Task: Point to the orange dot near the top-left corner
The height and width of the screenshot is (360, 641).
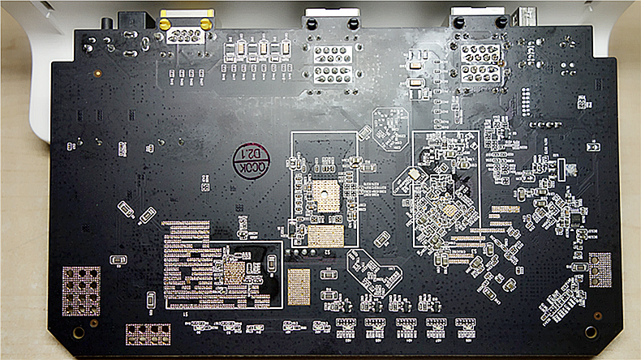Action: click(97, 73)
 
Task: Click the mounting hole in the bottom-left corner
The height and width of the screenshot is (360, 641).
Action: click(78, 332)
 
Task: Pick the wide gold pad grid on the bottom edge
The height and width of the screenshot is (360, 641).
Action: click(148, 334)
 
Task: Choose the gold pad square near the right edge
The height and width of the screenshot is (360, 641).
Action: click(600, 269)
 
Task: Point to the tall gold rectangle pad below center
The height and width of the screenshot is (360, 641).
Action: click(299, 286)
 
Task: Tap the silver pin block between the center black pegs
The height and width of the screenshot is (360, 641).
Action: click(332, 63)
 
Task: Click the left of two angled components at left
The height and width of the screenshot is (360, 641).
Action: click(126, 208)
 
